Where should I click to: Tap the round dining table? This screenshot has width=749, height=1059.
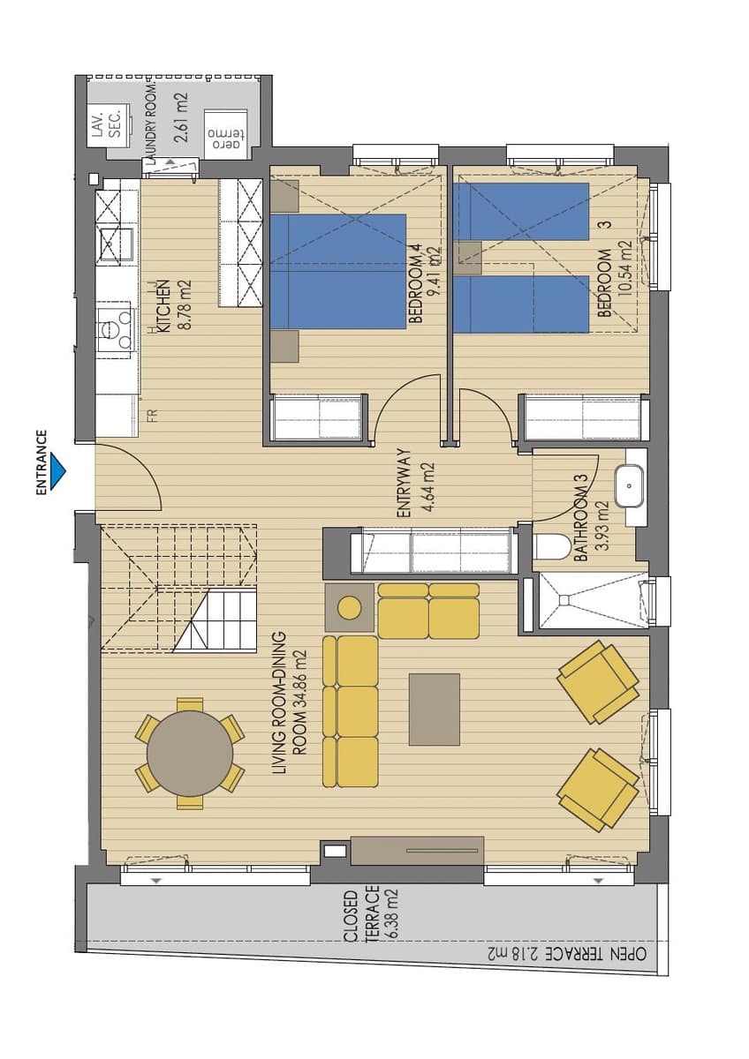pos(190,753)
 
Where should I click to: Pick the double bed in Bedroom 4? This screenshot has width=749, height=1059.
pos(338,271)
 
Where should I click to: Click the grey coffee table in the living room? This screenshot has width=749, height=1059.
pos(435,710)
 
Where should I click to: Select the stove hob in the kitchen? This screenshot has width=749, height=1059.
pos(115,327)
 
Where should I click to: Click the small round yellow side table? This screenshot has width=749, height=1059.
pos(349,607)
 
